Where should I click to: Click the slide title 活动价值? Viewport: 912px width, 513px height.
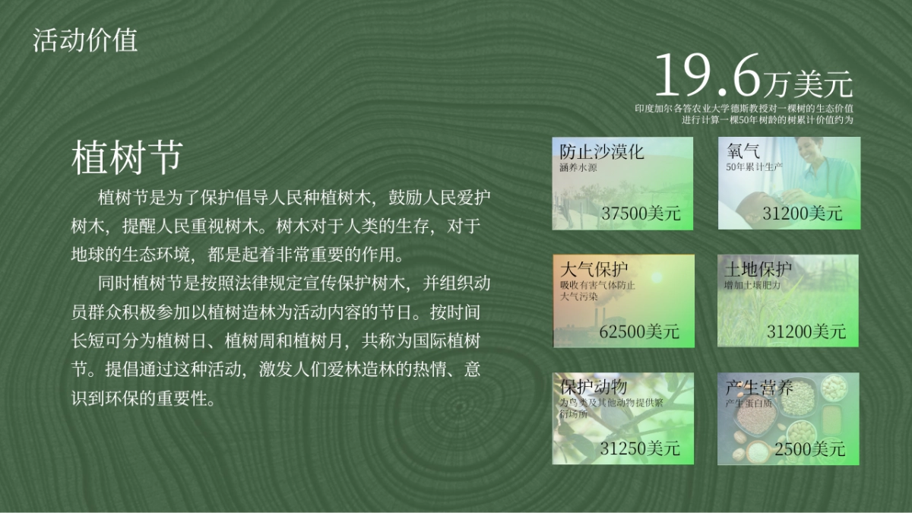point(85,40)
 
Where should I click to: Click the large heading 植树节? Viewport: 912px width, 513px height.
point(126,158)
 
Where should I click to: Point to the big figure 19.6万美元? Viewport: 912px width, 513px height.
point(752,77)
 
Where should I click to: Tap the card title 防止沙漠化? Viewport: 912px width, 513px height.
point(602,151)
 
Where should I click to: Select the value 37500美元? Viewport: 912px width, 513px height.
point(640,213)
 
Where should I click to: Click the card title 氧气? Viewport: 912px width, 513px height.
point(743,151)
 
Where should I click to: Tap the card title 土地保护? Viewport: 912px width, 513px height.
point(758,270)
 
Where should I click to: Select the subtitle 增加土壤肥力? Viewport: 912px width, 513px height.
point(752,285)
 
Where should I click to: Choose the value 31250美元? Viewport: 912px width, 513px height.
point(640,448)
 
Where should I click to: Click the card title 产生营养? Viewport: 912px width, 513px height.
point(759,388)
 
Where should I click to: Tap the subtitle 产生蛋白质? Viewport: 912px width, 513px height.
point(749,403)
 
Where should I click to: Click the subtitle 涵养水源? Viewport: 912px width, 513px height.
point(578,166)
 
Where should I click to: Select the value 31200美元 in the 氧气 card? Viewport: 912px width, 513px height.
point(803,213)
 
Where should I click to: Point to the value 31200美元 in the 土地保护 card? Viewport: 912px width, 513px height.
point(806,331)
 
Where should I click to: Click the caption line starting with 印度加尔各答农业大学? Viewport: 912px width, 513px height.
point(744,109)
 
